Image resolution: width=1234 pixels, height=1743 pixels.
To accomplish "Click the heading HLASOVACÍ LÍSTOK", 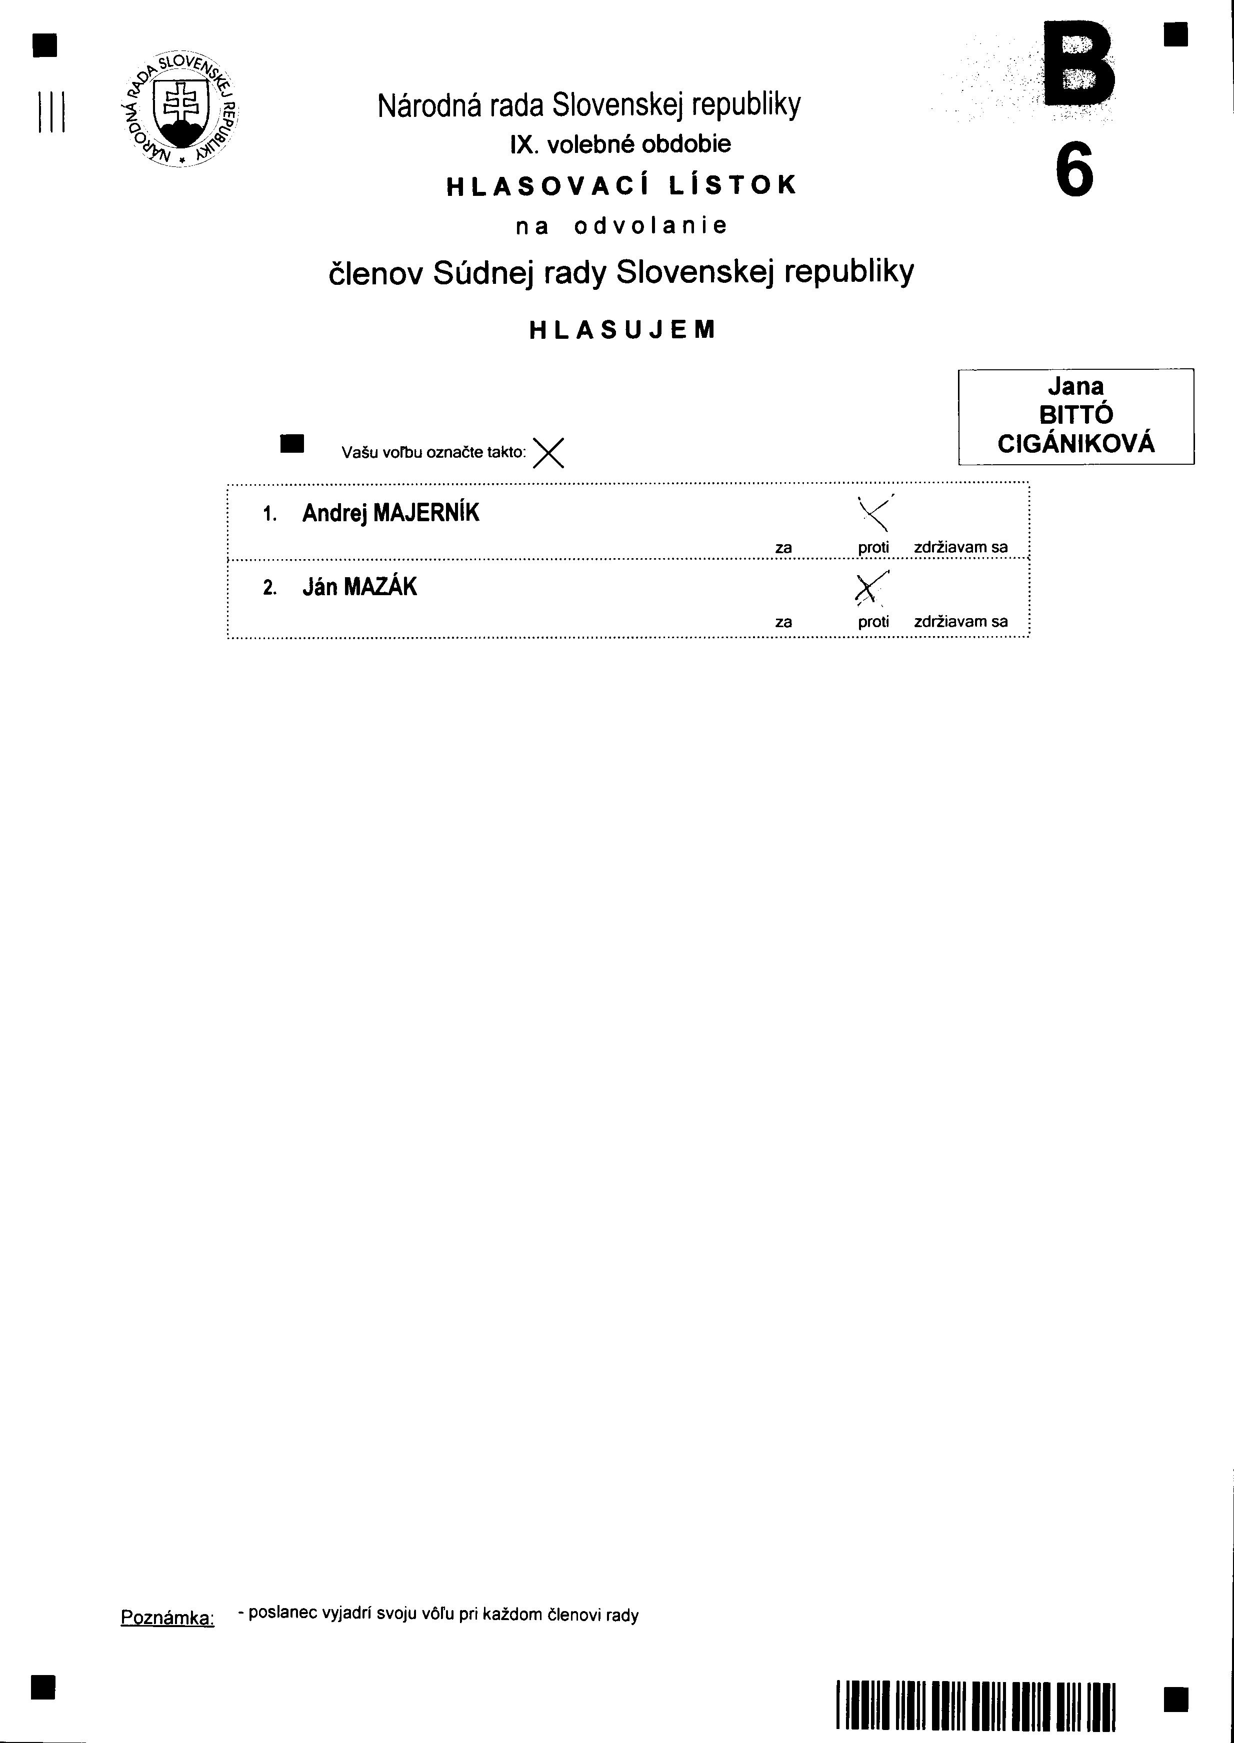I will [x=621, y=185].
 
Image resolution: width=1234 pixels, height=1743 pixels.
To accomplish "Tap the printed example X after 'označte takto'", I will [x=548, y=453].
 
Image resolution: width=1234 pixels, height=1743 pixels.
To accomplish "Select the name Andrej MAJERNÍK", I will [x=390, y=513].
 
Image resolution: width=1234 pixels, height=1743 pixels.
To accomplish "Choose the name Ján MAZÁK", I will [x=359, y=587].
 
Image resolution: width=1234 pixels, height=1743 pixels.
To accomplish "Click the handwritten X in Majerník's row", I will [x=874, y=513].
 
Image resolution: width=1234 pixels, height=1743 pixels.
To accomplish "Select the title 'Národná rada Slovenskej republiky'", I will [x=589, y=105].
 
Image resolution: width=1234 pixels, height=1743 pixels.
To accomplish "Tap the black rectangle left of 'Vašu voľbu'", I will [x=292, y=444].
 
